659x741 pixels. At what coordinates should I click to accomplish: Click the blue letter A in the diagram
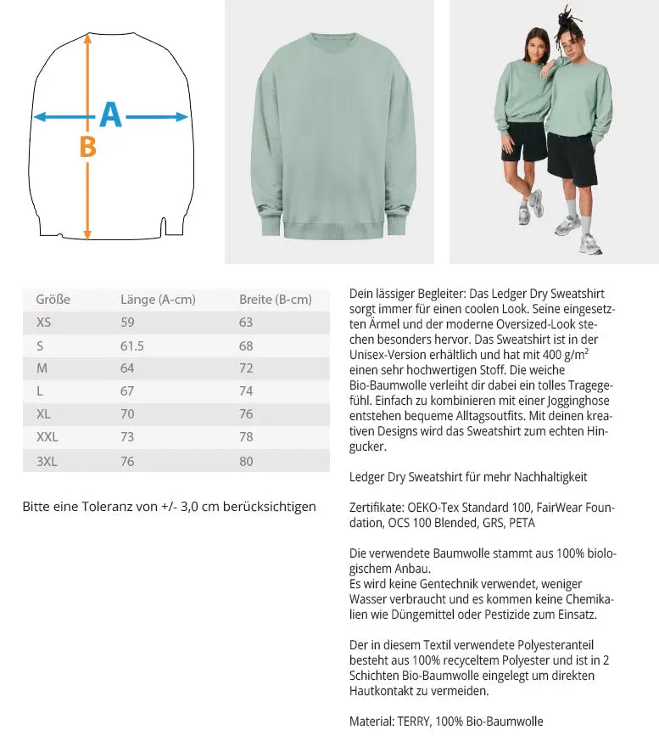(x=111, y=115)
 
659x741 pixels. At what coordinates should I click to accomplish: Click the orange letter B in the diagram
(x=87, y=148)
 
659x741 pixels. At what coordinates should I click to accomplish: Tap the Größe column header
(x=53, y=300)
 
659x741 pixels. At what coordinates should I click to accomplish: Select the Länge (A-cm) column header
(x=158, y=300)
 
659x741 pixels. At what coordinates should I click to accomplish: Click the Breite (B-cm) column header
(x=275, y=300)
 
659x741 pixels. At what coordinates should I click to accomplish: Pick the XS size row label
(x=43, y=323)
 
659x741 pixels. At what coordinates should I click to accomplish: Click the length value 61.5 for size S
(x=132, y=345)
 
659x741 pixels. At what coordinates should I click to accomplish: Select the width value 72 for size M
(x=246, y=368)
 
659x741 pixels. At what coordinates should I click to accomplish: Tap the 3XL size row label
(x=47, y=461)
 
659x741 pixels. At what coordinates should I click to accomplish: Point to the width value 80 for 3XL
(x=246, y=461)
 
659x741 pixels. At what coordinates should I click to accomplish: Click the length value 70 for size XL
(x=127, y=415)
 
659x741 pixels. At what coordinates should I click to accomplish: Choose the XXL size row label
(x=47, y=438)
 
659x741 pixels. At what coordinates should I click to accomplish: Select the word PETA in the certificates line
(x=522, y=523)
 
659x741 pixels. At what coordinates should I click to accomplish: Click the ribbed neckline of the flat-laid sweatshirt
(x=331, y=36)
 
